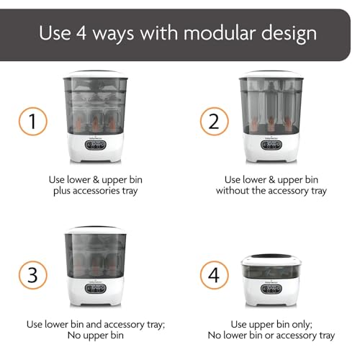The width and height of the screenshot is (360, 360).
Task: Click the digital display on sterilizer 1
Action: [x=96, y=145]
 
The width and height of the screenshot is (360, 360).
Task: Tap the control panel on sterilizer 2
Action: [x=271, y=145]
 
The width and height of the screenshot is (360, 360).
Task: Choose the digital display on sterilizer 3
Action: [x=96, y=289]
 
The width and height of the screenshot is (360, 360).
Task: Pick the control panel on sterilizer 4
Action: [x=271, y=289]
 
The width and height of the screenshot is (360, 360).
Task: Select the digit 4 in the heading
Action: [x=81, y=33]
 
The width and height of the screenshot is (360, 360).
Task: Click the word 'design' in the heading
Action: [x=289, y=35]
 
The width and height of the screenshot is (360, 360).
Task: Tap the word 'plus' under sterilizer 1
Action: [x=62, y=192]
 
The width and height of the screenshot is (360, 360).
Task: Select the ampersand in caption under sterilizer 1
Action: [x=96, y=180]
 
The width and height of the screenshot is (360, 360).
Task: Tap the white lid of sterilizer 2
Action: [x=271, y=75]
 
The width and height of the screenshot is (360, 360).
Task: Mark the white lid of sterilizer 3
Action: [x=96, y=230]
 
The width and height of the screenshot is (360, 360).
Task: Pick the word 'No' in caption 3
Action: [x=73, y=336]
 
